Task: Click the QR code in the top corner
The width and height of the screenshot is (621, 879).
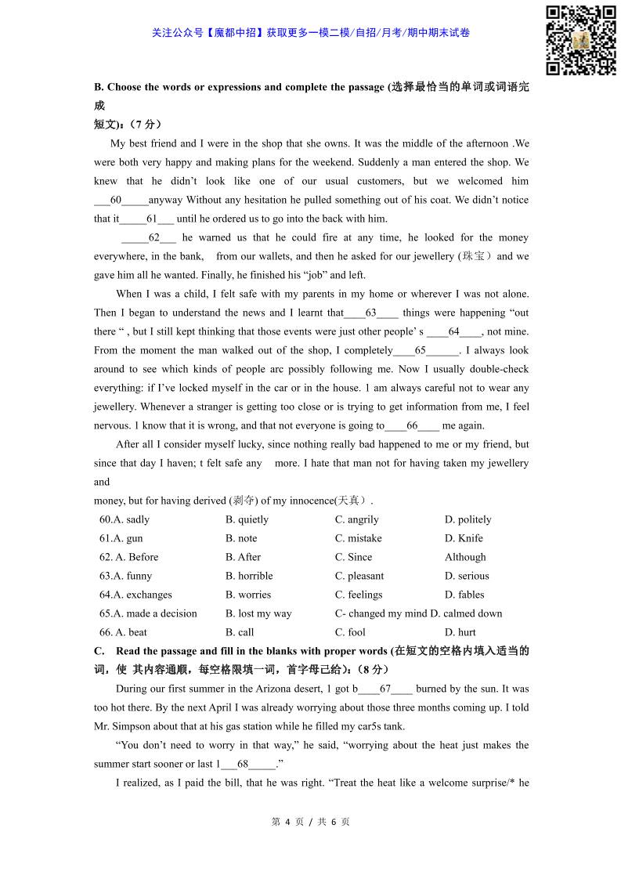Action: click(580, 40)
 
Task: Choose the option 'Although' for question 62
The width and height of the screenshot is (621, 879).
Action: click(465, 557)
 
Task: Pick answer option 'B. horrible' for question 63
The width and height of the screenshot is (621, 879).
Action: click(249, 576)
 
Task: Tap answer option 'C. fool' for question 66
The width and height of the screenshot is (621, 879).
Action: click(350, 632)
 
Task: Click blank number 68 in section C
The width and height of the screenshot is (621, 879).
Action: click(247, 764)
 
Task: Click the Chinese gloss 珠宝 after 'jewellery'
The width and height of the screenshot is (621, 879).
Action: click(475, 256)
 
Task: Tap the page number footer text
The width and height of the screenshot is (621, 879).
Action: click(310, 822)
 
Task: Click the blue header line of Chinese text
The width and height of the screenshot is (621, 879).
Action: click(310, 33)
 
